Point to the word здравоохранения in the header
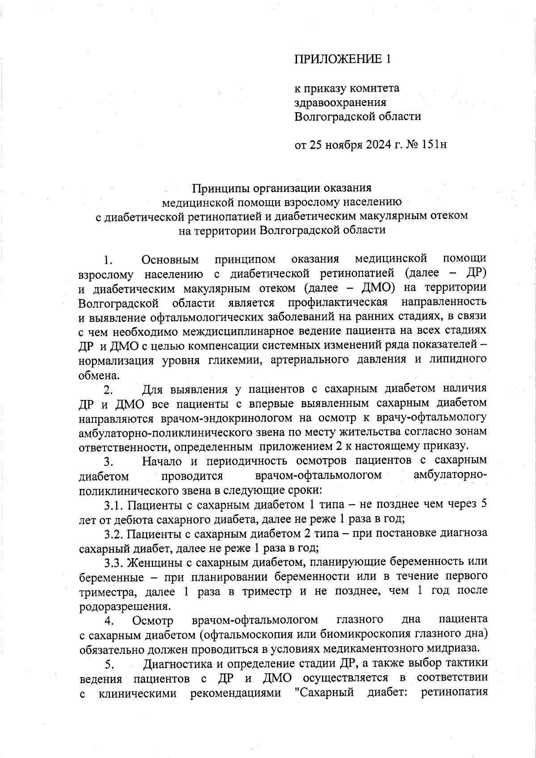point(340,102)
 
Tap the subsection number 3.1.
point(114,505)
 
